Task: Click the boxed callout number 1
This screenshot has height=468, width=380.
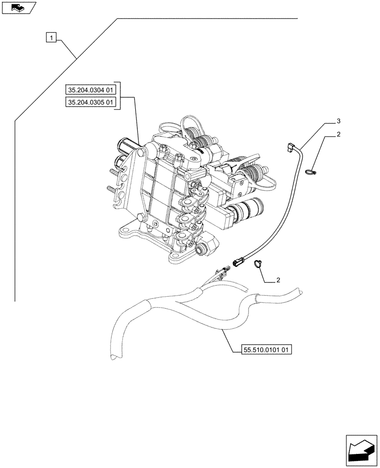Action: (51, 37)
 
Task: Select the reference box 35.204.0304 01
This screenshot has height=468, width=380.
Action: (92, 89)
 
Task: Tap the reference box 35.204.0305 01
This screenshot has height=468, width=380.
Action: (92, 102)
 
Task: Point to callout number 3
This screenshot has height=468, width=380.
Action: (338, 122)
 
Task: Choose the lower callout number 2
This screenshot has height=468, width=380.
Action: (278, 280)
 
